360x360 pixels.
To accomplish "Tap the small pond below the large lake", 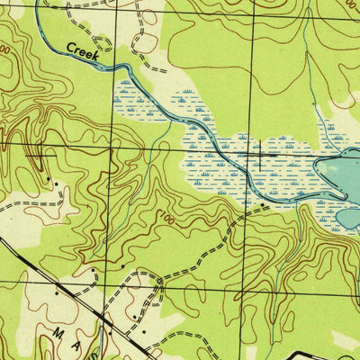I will click(348, 219).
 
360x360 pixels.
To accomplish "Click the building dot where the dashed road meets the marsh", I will click(262, 206).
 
